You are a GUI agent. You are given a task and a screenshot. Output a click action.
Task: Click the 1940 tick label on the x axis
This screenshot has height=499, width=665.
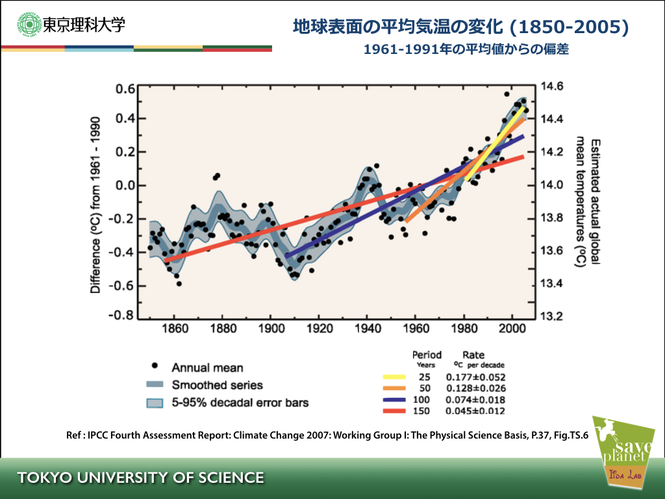tap(367, 329)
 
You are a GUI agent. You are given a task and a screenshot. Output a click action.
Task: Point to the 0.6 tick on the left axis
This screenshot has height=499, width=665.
tap(125, 89)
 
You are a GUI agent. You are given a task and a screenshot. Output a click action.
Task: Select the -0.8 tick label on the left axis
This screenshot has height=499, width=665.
tap(121, 316)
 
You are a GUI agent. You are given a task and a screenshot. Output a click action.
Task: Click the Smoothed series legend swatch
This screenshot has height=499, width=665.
tap(155, 385)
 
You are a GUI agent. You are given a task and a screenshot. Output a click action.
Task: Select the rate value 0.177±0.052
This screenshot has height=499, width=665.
tap(475, 377)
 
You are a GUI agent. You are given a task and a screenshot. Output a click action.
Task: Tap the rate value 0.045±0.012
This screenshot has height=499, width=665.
tap(475, 411)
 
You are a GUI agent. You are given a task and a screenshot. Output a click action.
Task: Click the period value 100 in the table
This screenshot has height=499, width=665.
tap(427, 400)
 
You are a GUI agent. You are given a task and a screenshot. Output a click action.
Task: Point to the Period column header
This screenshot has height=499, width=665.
tap(427, 355)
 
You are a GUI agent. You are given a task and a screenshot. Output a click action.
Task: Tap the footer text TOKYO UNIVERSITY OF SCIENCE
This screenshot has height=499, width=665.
tap(141, 478)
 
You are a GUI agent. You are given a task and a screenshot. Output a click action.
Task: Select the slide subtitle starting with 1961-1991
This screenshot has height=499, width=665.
tap(466, 49)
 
